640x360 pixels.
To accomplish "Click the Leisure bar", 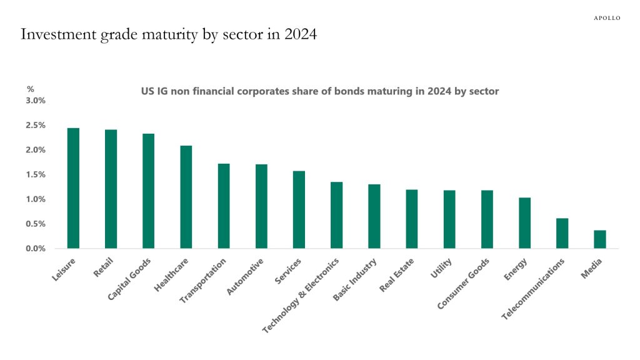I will pyautogui.click(x=73, y=188).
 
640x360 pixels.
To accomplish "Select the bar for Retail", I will pyautogui.click(x=111, y=189).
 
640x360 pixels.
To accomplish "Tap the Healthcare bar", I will pyautogui.click(x=186, y=197).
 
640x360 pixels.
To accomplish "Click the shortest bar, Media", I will pyautogui.click(x=599, y=239).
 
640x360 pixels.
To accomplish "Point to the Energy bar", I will pyautogui.click(x=524, y=223).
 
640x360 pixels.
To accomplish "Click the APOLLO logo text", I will pyautogui.click(x=606, y=18).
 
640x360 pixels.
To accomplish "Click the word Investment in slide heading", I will pyautogui.click(x=56, y=34).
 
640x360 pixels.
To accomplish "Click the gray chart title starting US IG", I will pyautogui.click(x=319, y=91).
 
